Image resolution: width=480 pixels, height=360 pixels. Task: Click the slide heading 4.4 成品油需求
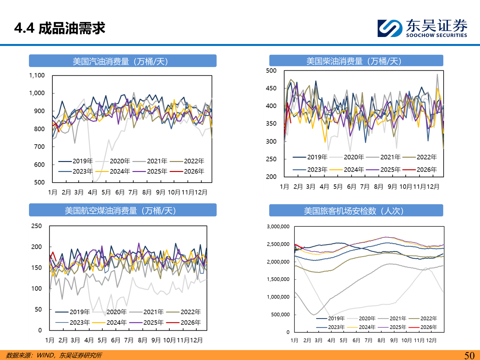click(x=60, y=28)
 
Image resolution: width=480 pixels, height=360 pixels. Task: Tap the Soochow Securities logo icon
click(x=390, y=28)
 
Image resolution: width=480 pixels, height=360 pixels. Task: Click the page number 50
click(x=469, y=355)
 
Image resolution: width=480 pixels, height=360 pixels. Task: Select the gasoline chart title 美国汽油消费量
click(x=120, y=61)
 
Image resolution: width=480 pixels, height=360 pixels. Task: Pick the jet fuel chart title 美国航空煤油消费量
click(x=120, y=211)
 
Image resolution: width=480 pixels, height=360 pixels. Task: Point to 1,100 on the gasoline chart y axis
click(x=37, y=75)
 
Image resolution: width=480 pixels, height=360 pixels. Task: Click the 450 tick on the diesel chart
click(x=271, y=88)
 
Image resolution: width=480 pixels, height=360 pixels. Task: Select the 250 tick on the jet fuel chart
click(x=37, y=226)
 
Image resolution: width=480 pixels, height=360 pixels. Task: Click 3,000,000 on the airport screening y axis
click(x=278, y=227)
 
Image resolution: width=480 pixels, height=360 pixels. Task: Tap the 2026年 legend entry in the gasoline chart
click(x=194, y=171)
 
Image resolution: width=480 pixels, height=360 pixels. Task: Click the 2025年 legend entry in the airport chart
click(x=398, y=327)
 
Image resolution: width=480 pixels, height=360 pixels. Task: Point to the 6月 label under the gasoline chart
click(x=120, y=192)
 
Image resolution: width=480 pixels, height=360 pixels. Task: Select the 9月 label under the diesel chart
click(x=392, y=187)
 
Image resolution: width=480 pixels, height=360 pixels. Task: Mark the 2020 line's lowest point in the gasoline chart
click(x=94, y=181)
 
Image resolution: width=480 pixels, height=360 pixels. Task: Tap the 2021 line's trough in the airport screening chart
click(x=314, y=314)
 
